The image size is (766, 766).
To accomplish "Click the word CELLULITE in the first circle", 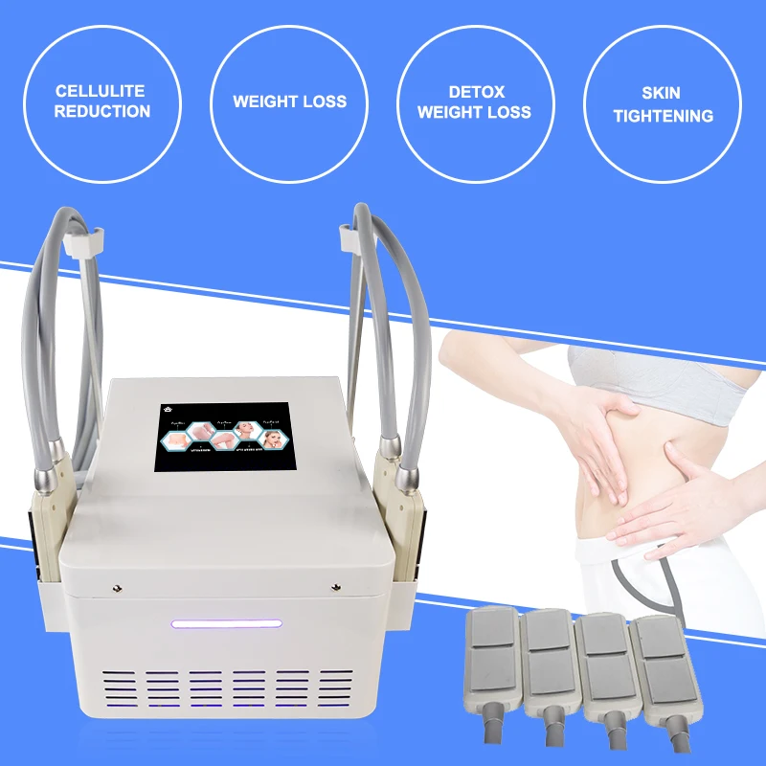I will tap(101, 91).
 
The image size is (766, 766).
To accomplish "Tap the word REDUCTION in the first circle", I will tap(101, 111).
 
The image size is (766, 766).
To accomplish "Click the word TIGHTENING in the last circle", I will tap(664, 116).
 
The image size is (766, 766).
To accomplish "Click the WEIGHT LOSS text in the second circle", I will tap(289, 101).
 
